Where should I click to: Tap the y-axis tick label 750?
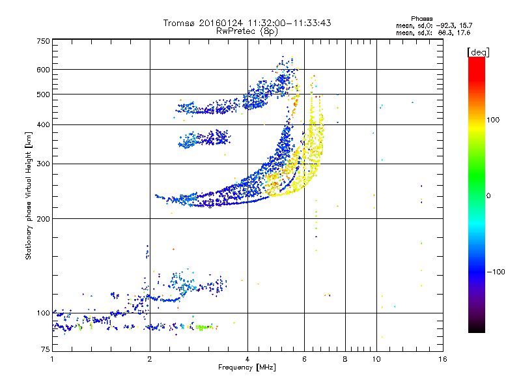click(43, 41)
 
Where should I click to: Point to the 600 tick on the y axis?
click(43, 70)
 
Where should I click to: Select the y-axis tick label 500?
click(43, 94)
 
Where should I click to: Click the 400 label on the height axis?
click(43, 124)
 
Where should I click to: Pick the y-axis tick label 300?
click(43, 164)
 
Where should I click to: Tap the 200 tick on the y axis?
click(43, 218)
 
